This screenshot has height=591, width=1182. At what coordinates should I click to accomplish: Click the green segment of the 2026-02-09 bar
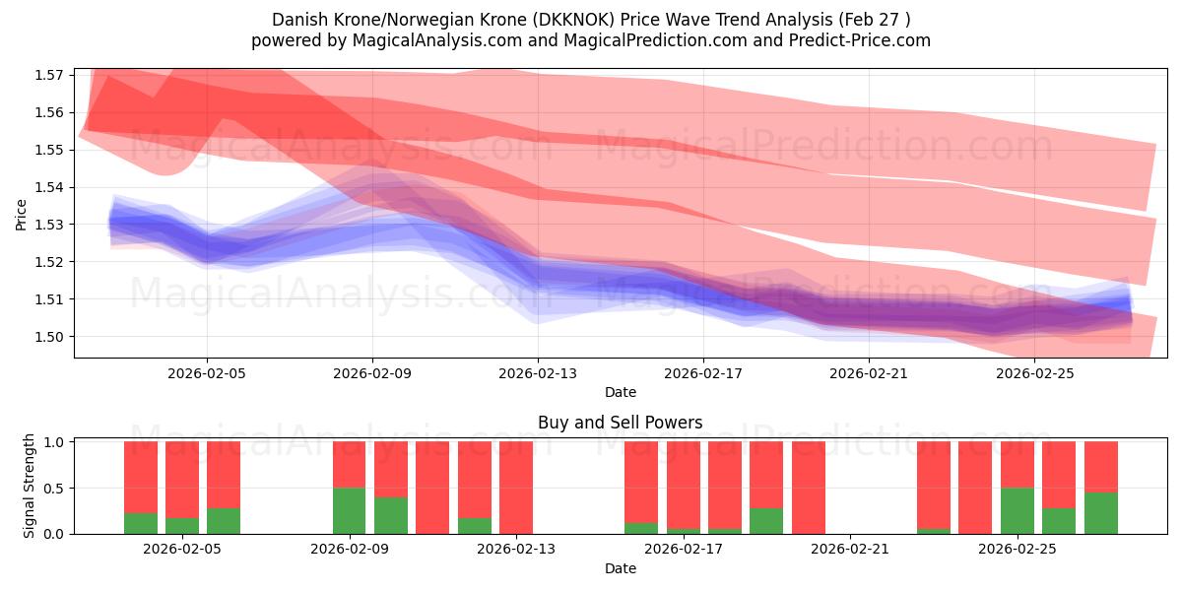pyautogui.click(x=349, y=510)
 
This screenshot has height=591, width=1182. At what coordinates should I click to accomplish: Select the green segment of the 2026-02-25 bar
pyautogui.click(x=1018, y=510)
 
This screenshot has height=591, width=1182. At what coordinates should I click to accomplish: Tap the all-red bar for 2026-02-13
pyautogui.click(x=515, y=488)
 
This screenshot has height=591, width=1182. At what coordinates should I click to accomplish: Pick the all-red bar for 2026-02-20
pyautogui.click(x=808, y=488)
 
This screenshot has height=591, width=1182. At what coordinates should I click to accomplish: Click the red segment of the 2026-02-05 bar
pyautogui.click(x=224, y=474)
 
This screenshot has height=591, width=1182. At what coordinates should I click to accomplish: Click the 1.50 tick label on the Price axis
pyautogui.click(x=51, y=337)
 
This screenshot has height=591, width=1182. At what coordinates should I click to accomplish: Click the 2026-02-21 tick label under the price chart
pyautogui.click(x=868, y=373)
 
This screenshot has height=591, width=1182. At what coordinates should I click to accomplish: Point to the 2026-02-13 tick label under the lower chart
pyautogui.click(x=515, y=550)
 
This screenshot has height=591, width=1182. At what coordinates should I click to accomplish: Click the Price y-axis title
pyautogui.click(x=22, y=214)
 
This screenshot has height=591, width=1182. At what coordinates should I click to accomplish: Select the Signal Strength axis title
pyautogui.click(x=30, y=486)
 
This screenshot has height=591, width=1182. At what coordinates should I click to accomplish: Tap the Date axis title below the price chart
pyautogui.click(x=621, y=392)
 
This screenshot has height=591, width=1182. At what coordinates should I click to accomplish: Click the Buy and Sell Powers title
pyautogui.click(x=621, y=423)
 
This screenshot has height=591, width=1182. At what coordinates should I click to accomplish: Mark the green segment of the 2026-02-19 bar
pyautogui.click(x=766, y=521)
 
